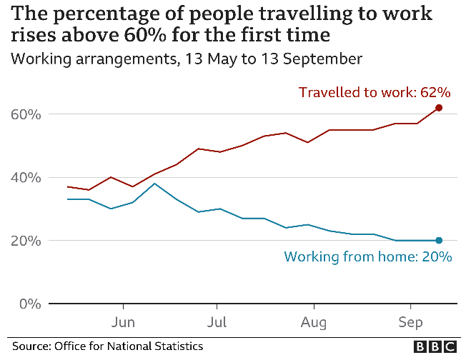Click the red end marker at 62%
tap(439, 108)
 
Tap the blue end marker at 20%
tap(439, 241)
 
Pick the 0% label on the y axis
tap(28, 304)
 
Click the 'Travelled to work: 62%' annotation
tap(375, 92)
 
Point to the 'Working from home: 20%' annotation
tap(368, 257)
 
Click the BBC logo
tap(435, 346)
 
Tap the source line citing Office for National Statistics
tap(107, 346)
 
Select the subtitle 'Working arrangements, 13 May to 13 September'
tap(187, 59)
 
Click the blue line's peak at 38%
tap(154, 184)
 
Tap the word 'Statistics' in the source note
tap(179, 346)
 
